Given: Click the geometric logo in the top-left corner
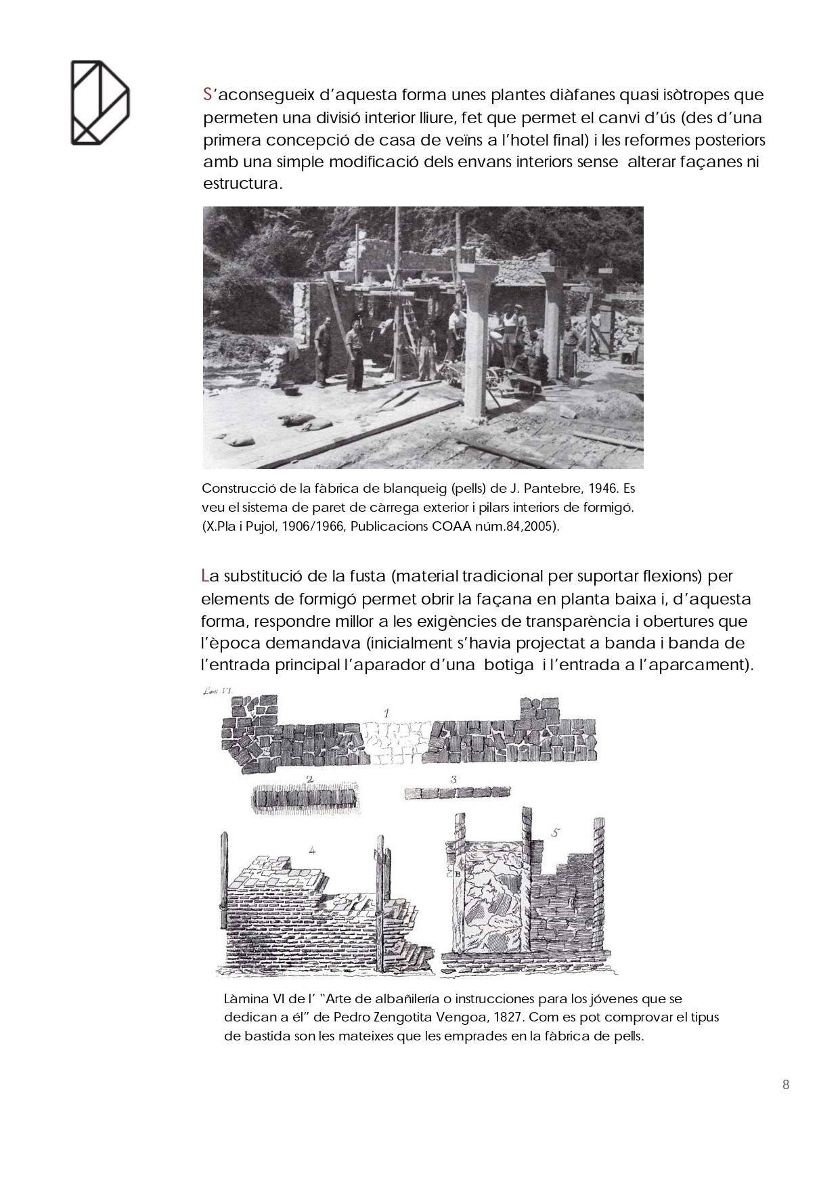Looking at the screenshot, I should tap(100, 102).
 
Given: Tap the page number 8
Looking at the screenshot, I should tap(785, 1084).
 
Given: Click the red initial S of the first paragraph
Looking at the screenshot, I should tap(208, 95).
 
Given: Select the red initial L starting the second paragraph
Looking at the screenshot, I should tap(205, 577).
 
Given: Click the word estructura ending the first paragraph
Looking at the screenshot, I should tap(240, 183).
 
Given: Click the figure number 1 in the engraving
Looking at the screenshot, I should tap(386, 711).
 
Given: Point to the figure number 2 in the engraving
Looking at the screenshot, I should tap(309, 779).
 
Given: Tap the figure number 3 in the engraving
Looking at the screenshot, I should tap(454, 779).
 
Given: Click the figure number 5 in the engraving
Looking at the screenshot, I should tap(554, 833).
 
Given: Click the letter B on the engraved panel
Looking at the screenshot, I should tap(458, 873).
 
